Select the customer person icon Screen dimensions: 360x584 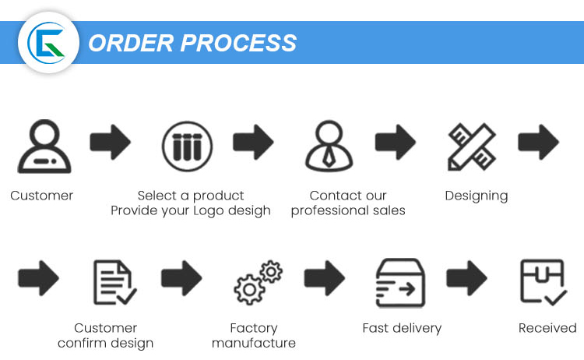pos(43,146)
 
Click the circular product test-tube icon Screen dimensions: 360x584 pos(187,145)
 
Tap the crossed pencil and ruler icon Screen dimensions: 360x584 pos(472,146)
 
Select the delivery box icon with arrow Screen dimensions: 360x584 pos(400,282)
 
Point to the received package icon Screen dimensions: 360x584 pos(542,281)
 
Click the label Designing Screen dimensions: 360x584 pos(476,196)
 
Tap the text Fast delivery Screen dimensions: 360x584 pos(402,328)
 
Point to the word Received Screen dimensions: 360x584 pos(547,328)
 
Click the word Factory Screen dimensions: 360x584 pos(254,328)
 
